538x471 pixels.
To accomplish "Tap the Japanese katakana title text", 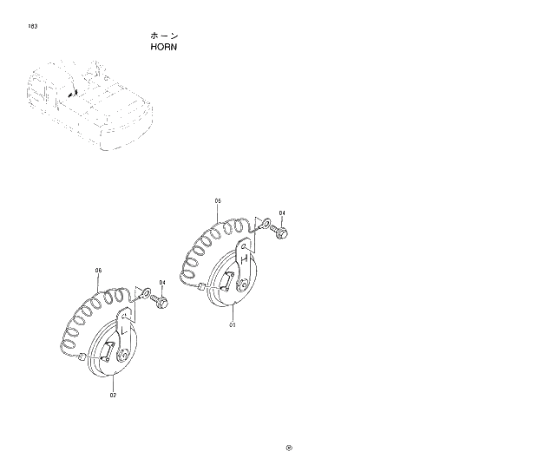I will tap(164, 36).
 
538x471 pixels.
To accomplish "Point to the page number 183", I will tap(32, 27).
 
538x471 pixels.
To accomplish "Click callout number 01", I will tap(233, 325).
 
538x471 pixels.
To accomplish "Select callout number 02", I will tap(114, 395).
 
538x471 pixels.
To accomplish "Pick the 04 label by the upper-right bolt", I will tap(282, 213).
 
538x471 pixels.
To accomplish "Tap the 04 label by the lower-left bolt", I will tap(162, 282).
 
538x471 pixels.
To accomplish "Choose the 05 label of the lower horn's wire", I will tap(98, 270).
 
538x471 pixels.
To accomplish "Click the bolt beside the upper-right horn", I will tap(283, 232).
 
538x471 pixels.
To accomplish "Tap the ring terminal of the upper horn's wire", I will tap(266, 223).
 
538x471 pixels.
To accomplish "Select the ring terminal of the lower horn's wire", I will tap(146, 293).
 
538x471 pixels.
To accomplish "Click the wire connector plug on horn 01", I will tap(202, 286).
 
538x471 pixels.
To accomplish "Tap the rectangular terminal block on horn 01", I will tap(227, 278).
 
